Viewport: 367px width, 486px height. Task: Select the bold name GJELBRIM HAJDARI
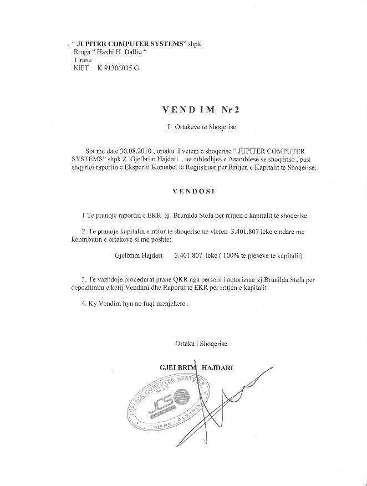click(x=196, y=367)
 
